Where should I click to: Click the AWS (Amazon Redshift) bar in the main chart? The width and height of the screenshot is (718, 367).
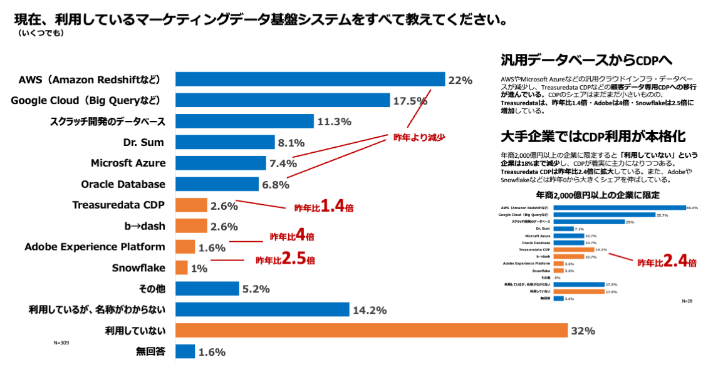click(310, 80)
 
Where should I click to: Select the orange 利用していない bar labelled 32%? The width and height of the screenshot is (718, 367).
click(372, 331)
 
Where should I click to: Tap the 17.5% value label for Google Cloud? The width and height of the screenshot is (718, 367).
click(410, 101)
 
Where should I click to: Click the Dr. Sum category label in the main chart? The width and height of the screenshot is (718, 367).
click(143, 142)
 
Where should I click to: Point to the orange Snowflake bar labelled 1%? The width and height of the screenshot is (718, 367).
click(182, 268)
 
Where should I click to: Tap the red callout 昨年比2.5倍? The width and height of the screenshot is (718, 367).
click(285, 259)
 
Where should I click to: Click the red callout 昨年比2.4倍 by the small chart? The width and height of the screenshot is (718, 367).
click(666, 262)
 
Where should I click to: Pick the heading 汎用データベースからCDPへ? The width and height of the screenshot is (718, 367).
click(586, 60)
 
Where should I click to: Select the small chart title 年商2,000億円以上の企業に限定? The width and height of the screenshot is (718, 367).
click(598, 195)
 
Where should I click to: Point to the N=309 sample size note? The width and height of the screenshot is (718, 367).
click(61, 343)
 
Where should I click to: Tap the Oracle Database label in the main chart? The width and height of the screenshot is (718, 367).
click(123, 184)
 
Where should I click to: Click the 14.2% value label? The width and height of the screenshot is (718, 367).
click(370, 310)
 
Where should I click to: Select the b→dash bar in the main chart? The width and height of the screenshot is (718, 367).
click(191, 226)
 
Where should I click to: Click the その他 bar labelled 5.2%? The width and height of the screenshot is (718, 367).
click(207, 289)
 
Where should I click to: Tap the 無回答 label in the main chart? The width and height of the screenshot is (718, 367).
click(151, 352)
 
